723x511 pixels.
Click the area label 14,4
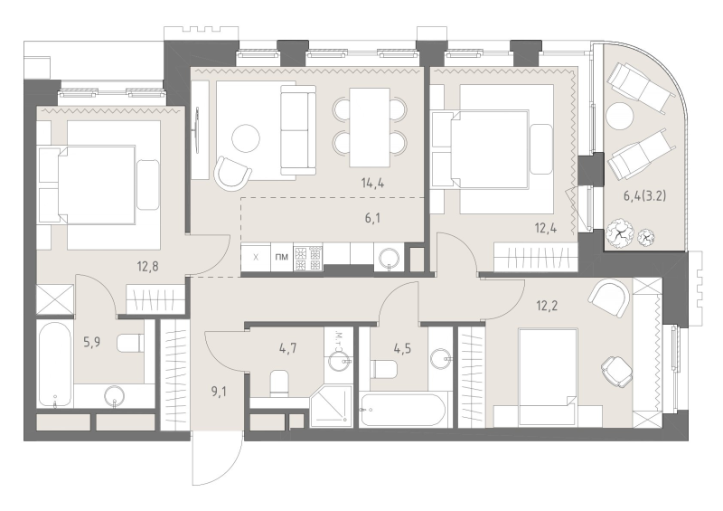coord(372,184)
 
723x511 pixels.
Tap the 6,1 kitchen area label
coord(372,218)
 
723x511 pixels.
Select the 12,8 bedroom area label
coord(147,266)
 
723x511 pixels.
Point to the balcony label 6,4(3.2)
coord(644,195)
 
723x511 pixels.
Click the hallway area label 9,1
coord(219,393)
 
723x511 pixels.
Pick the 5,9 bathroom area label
coord(92,342)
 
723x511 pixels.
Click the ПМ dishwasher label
coord(281,257)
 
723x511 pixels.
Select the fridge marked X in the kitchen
coord(256,257)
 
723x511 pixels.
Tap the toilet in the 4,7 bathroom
coord(279,383)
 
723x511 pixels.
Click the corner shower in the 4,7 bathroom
coord(331,405)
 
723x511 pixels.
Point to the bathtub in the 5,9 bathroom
coord(54,364)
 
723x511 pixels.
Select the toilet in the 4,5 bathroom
coord(384,368)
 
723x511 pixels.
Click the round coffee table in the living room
coord(246,138)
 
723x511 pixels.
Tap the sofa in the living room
coord(298,129)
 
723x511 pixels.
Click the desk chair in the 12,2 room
coord(617,369)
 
